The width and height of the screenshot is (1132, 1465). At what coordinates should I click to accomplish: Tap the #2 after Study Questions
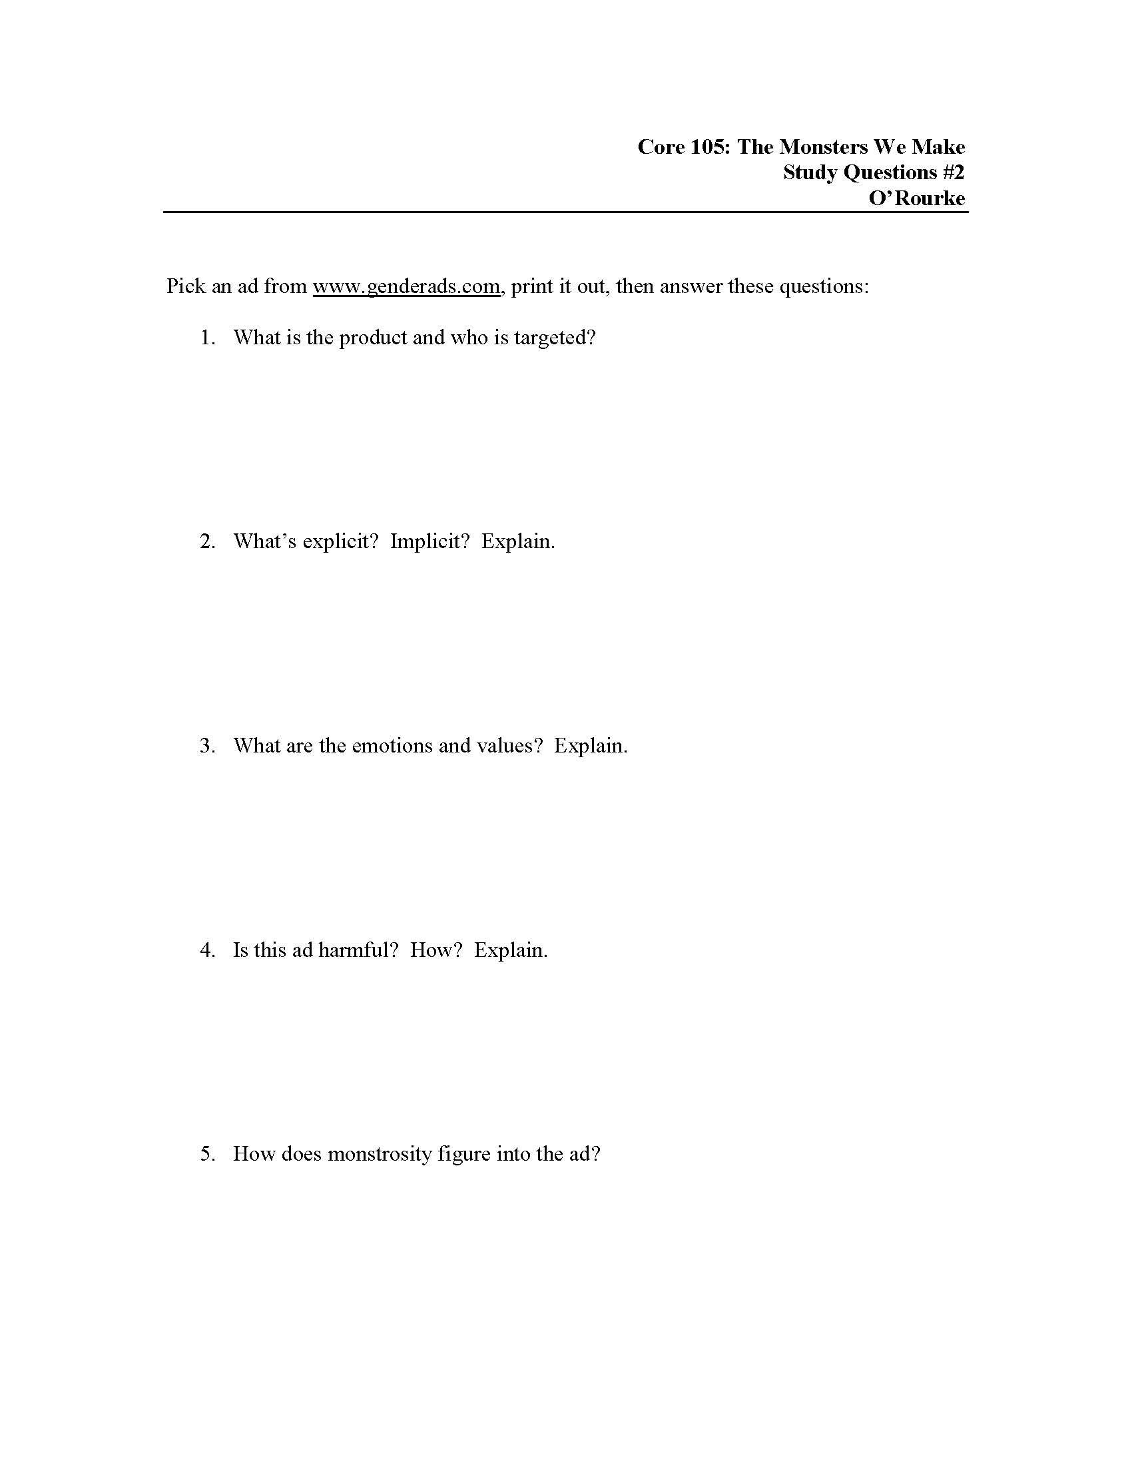953,172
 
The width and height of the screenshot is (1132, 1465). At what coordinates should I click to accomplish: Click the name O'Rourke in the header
917,198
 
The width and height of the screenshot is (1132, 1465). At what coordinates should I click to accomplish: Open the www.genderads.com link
406,286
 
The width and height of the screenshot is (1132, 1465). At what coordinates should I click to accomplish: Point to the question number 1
207,338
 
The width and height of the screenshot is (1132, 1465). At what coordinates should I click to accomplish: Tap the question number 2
207,541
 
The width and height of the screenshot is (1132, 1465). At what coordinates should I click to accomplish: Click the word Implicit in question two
430,541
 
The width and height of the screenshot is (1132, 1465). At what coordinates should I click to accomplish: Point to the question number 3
207,746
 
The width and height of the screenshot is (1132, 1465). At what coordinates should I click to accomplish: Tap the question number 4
207,950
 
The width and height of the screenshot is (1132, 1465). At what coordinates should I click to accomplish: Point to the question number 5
207,1154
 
